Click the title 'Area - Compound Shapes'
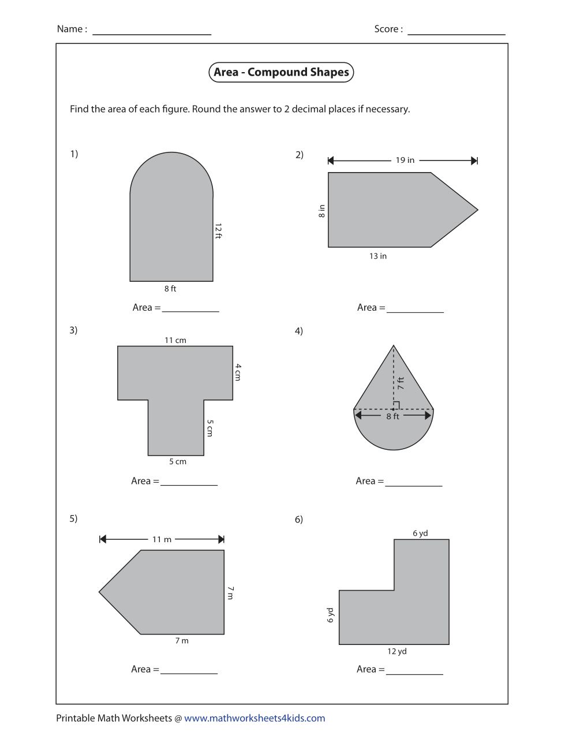click(281, 72)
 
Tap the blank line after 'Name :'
click(152, 31)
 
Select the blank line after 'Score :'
click(456, 31)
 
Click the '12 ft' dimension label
click(218, 231)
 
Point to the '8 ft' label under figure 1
click(170, 289)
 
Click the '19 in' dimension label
click(405, 161)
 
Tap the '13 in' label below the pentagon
click(378, 256)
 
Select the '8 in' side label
click(321, 211)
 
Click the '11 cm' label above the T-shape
click(175, 340)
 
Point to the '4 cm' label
click(238, 372)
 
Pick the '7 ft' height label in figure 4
click(401, 383)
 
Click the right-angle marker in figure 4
click(396, 405)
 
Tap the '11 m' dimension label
click(162, 539)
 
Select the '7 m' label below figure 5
click(182, 640)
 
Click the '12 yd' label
click(397, 651)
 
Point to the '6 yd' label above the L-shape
click(420, 533)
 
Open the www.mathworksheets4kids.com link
click(255, 718)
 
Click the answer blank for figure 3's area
click(189, 482)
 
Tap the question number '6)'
click(299, 520)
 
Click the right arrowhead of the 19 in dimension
click(474, 161)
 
